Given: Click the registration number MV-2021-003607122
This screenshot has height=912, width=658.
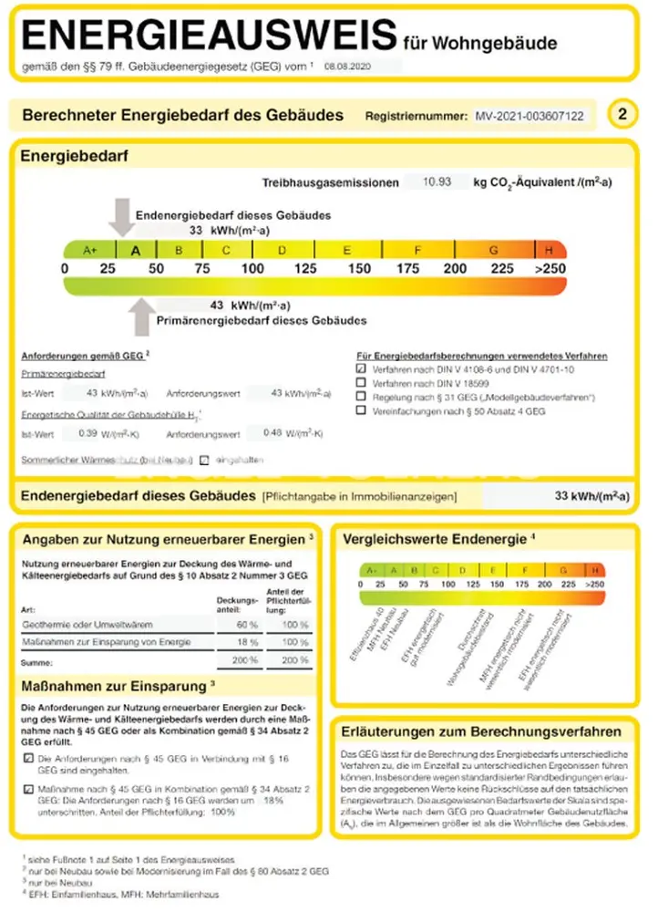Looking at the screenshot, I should [x=529, y=117].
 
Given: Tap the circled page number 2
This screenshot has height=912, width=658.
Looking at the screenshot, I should [x=622, y=115].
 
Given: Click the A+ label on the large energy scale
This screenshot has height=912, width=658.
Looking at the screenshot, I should [x=89, y=249].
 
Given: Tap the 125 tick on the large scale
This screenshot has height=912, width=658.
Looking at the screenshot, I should [x=305, y=269].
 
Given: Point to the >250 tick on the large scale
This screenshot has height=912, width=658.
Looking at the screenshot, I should [x=550, y=269].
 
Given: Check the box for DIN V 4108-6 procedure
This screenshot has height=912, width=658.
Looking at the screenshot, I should [x=361, y=369].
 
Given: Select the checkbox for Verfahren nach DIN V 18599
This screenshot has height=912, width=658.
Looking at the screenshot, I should [x=361, y=384].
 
